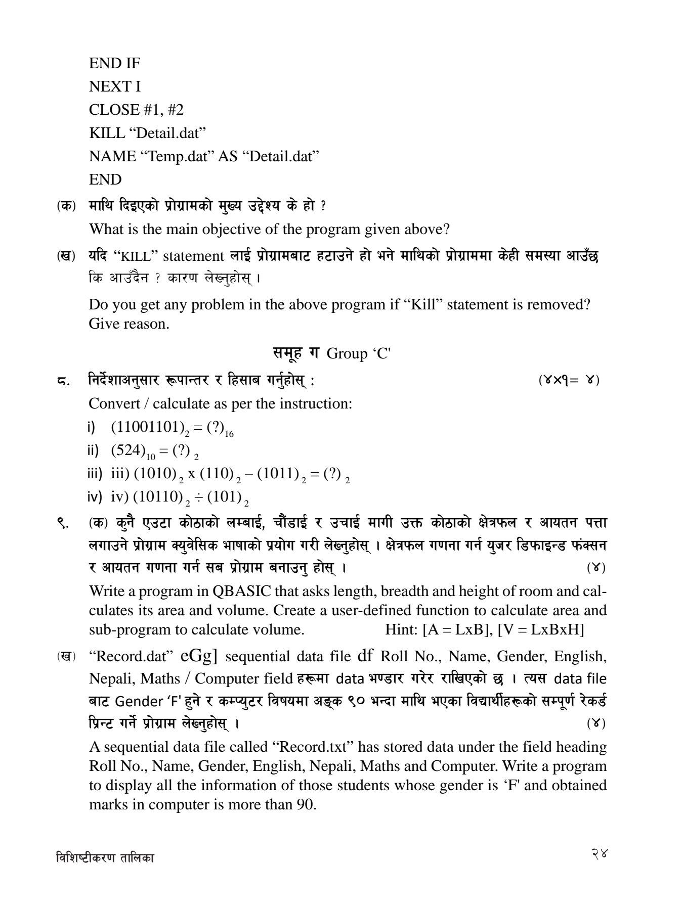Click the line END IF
[114, 63]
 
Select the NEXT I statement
[114, 86]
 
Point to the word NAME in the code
[112, 156]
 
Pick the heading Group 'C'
[359, 353]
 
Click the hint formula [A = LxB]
[457, 629]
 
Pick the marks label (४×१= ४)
[569, 380]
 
